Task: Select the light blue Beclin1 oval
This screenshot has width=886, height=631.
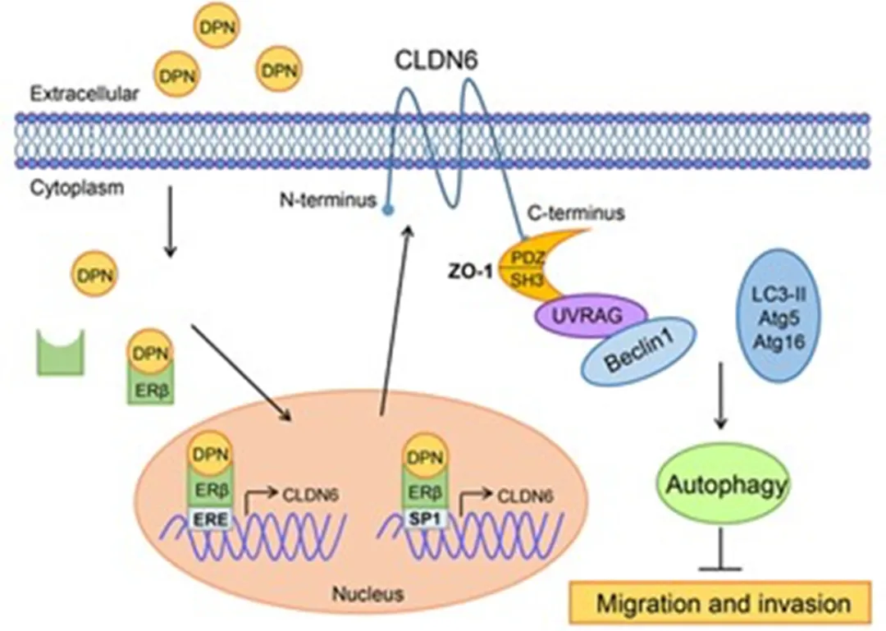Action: point(639,352)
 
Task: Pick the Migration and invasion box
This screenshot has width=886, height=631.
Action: point(723,605)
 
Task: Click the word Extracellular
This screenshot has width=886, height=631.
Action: point(84,93)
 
